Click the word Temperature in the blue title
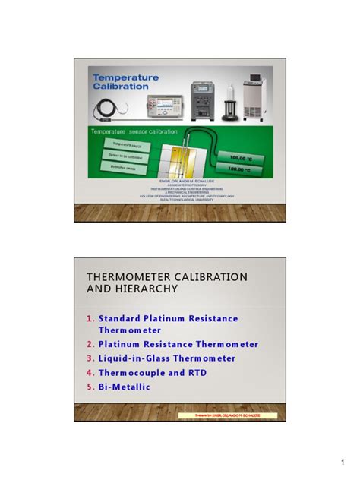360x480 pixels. click(125, 77)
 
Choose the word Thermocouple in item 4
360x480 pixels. click(130, 372)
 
